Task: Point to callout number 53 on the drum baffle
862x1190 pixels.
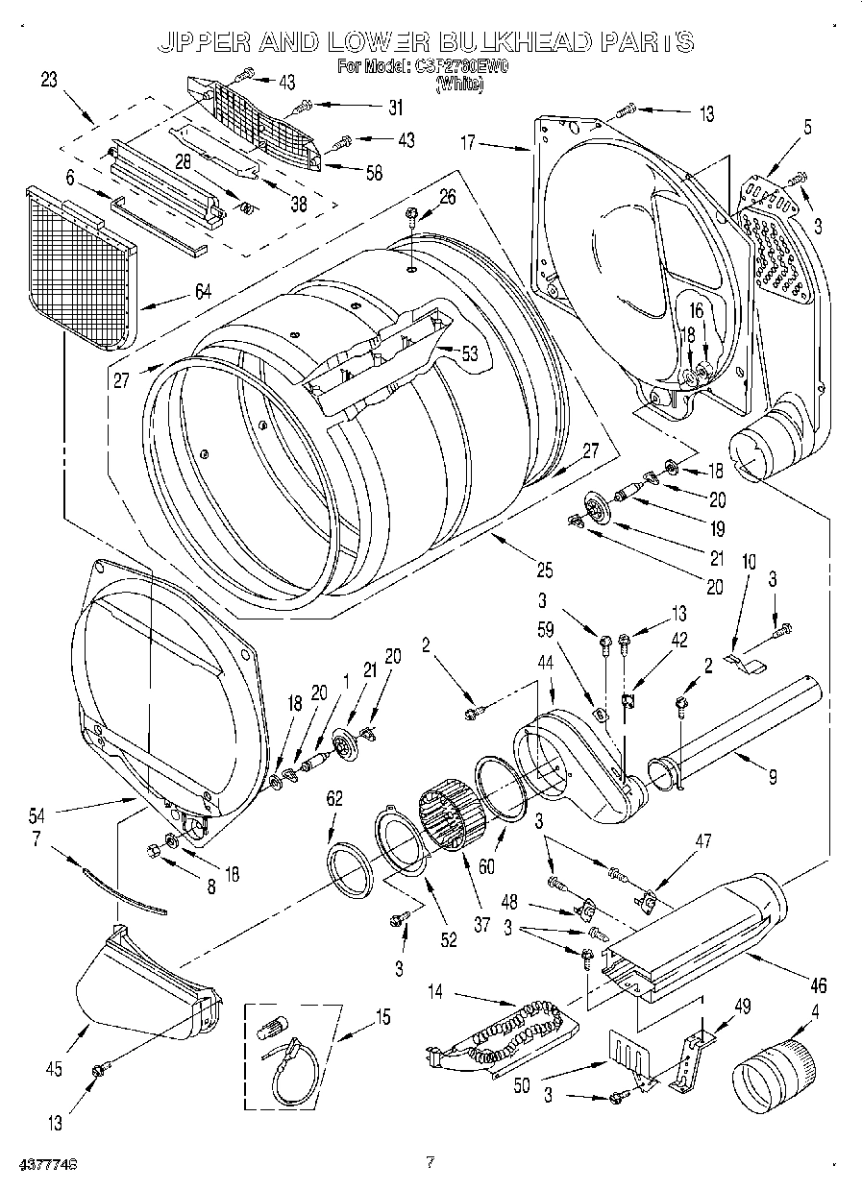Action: (x=469, y=353)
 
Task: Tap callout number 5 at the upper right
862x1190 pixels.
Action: (x=807, y=125)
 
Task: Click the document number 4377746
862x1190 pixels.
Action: (x=47, y=1163)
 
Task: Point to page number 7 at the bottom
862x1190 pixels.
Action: (x=430, y=1162)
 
